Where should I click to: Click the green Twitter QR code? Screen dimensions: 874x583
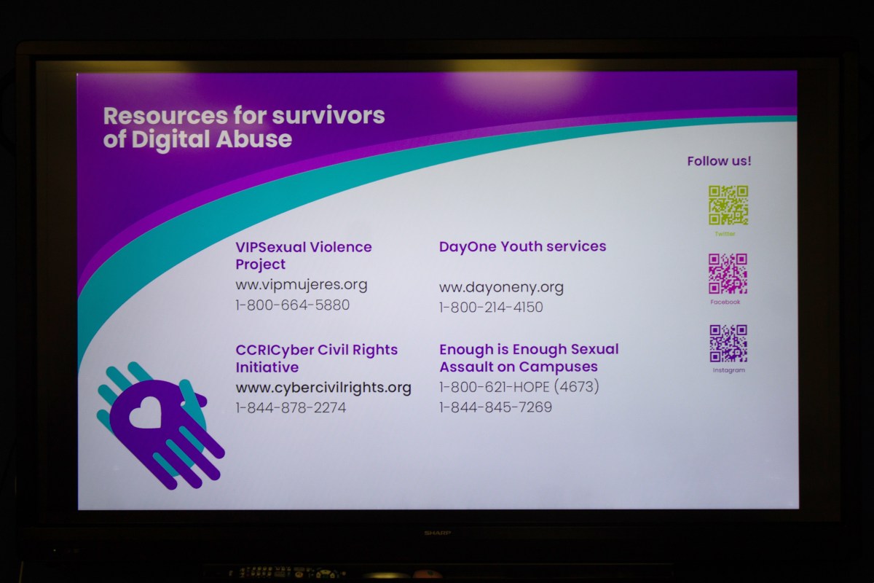(728, 205)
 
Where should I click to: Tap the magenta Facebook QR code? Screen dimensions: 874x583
(728, 273)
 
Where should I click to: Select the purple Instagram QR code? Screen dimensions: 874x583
(728, 343)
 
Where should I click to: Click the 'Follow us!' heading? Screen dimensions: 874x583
(719, 161)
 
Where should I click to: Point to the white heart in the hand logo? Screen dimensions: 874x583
(145, 412)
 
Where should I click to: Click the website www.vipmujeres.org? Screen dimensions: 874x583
(302, 285)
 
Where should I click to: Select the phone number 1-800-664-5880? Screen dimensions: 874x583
(293, 305)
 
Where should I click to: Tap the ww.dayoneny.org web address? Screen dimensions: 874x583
(501, 287)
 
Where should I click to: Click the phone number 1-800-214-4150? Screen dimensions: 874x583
(491, 308)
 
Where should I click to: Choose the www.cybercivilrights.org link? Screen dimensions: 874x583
(323, 388)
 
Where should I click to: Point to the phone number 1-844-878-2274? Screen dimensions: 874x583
(291, 408)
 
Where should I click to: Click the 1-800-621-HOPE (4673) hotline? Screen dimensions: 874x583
(519, 387)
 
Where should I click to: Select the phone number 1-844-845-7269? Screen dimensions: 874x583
(495, 407)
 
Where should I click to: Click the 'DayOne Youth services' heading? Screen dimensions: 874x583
(522, 246)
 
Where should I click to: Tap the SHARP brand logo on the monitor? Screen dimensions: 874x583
(438, 533)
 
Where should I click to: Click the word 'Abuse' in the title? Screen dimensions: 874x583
(253, 139)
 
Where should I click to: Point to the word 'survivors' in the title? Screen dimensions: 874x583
(328, 116)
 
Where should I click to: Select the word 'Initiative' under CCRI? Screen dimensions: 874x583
(267, 367)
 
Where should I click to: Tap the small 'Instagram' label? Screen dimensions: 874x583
(728, 370)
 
